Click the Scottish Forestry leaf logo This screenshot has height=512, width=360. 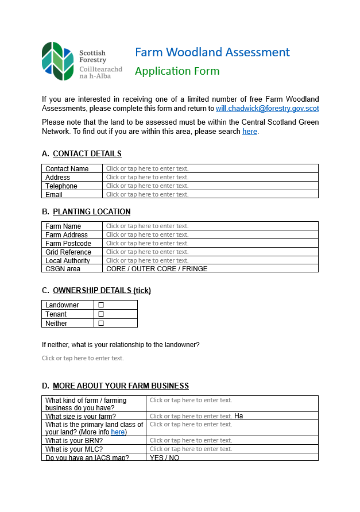tap(57, 61)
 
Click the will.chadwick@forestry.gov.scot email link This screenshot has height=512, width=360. tap(267, 108)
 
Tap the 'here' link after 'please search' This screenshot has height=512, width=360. tap(250, 132)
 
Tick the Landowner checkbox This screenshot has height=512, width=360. tap(101, 305)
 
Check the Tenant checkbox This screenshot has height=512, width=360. tap(101, 314)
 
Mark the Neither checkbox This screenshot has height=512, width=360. tap(101, 324)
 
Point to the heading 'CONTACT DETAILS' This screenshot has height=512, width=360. tap(87, 154)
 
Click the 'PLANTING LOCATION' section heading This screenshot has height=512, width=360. tap(91, 211)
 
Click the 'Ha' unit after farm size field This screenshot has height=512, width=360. tap(239, 416)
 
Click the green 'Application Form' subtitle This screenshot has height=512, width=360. tap(177, 71)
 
